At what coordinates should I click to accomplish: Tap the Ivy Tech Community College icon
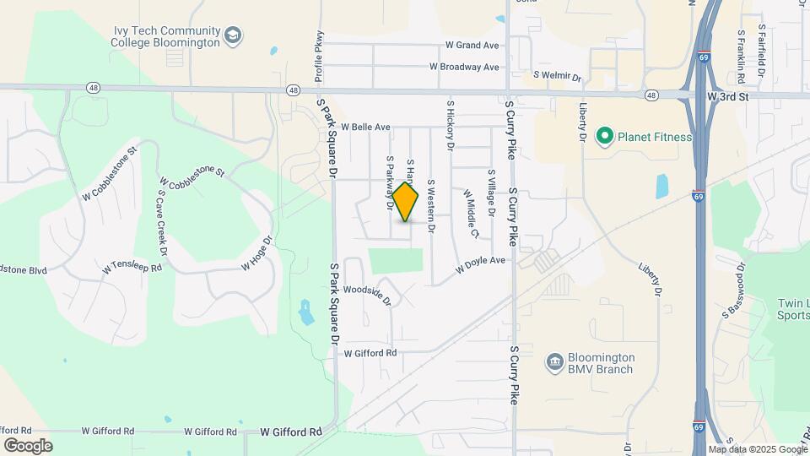pos(233,36)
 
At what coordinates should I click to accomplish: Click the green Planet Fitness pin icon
pos(604,136)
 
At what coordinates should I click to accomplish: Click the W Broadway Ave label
pos(464,67)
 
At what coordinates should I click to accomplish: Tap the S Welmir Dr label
pos(559,77)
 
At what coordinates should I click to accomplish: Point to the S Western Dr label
pos(431,205)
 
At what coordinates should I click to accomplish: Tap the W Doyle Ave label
pos(480,265)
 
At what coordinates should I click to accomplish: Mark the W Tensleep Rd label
pos(130,267)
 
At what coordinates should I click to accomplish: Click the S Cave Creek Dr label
pos(161,221)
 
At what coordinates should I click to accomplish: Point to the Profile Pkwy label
pos(319,58)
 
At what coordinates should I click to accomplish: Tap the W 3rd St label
pos(728,98)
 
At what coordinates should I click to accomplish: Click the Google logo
pos(28,445)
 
